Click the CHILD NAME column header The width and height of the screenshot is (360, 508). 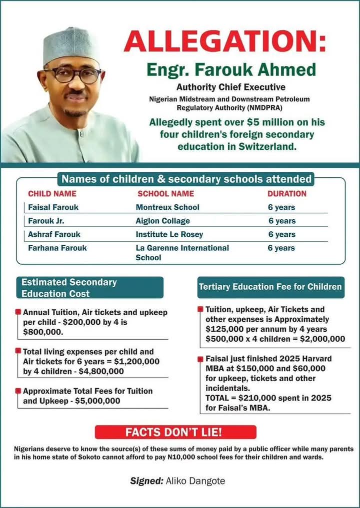tap(52, 193)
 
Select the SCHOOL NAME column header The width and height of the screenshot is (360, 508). tap(165, 193)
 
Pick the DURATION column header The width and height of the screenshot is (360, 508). tap(287, 193)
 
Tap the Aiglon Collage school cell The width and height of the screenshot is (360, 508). tap(163, 221)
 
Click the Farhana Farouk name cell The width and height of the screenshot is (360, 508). tap(56, 248)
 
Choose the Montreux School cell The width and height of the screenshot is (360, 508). tap(167, 207)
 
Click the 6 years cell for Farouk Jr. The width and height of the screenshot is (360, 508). tap(282, 221)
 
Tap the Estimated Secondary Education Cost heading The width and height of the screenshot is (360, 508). tap(69, 288)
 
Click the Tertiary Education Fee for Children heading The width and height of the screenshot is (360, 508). tap(270, 287)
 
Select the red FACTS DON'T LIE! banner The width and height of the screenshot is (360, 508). tap(175, 432)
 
